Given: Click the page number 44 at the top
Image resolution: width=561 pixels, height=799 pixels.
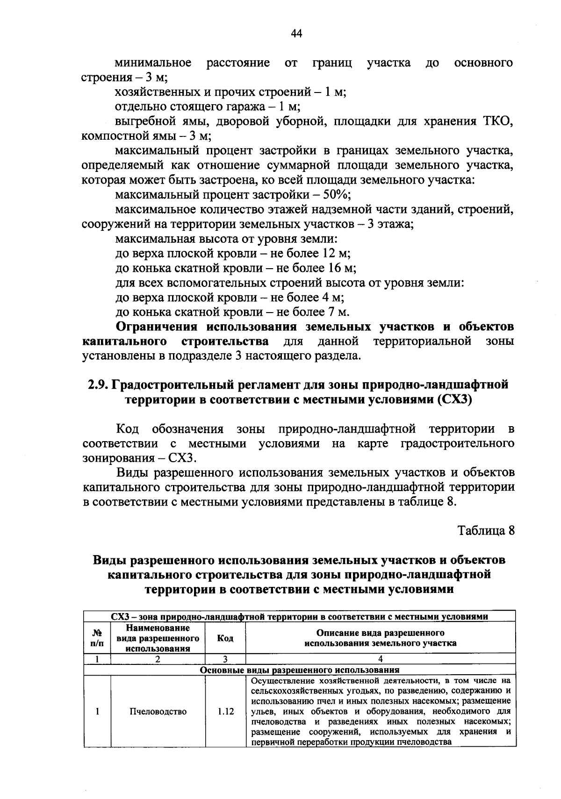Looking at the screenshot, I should (x=296, y=33).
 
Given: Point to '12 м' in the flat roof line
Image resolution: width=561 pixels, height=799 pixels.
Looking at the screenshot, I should (x=336, y=253).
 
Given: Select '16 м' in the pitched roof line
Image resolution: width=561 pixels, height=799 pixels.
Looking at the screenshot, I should (x=341, y=268).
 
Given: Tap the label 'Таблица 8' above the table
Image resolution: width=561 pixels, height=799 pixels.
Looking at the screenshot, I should (x=486, y=531).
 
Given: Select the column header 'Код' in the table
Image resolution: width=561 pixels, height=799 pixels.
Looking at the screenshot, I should (x=225, y=638).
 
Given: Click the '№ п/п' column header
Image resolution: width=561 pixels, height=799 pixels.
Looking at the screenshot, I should (x=97, y=638).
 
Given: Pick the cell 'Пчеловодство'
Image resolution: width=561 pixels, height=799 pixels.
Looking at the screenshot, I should (x=158, y=712).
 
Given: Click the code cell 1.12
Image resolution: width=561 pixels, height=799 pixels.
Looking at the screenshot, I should (x=225, y=712).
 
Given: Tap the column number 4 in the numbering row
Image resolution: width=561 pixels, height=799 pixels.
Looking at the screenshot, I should (x=380, y=659).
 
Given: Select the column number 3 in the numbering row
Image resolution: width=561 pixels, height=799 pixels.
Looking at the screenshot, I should (x=225, y=659).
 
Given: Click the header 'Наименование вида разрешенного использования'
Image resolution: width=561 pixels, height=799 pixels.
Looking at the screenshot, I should (x=158, y=638).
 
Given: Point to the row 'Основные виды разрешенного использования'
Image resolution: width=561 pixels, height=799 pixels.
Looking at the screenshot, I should (x=299, y=670).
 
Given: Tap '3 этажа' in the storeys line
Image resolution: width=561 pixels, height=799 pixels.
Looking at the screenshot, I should (x=389, y=224).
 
